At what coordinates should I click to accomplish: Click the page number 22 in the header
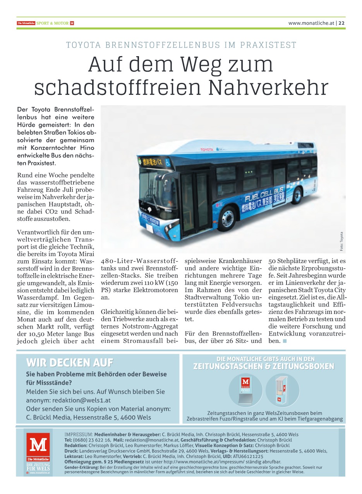[342, 23]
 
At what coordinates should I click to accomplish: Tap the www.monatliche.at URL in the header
[311, 23]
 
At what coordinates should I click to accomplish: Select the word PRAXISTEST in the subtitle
[268, 45]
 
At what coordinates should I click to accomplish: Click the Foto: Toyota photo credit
[341, 241]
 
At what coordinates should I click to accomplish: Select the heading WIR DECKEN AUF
[69, 363]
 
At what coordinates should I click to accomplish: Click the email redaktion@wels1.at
[85, 400]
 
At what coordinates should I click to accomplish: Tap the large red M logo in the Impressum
[38, 445]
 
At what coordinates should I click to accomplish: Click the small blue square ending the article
[285, 341]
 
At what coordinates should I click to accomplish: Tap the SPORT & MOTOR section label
[55, 23]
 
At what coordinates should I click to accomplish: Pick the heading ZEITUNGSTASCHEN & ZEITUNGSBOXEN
[264, 367]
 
